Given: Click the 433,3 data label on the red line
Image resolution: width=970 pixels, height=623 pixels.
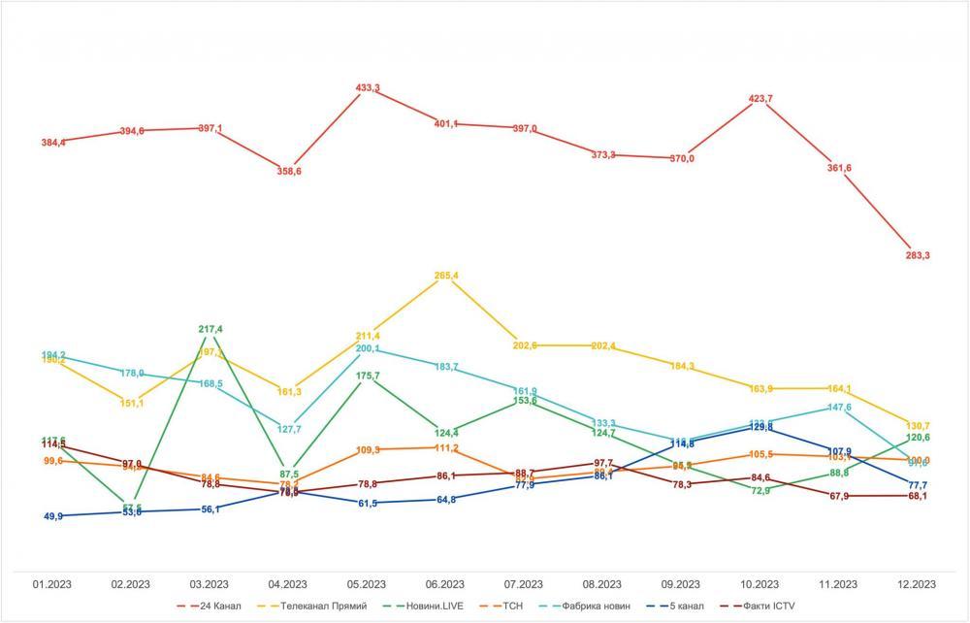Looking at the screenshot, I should [368, 88].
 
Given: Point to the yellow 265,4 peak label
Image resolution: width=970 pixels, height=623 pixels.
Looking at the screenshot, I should [446, 277].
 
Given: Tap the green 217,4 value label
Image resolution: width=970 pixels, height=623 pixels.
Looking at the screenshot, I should [210, 330].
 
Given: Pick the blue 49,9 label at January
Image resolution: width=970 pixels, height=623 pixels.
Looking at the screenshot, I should [54, 517].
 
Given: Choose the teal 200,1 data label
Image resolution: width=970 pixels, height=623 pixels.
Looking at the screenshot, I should [368, 348].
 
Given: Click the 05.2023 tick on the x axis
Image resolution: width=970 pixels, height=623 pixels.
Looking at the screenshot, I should [368, 584].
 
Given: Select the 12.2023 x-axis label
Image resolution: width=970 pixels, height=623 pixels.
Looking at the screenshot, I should [917, 584].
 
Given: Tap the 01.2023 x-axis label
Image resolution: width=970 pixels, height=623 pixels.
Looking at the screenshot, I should [53, 584].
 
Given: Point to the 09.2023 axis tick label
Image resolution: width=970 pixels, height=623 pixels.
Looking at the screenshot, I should [681, 584].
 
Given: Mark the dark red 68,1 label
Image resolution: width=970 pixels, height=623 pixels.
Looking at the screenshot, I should [917, 497].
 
